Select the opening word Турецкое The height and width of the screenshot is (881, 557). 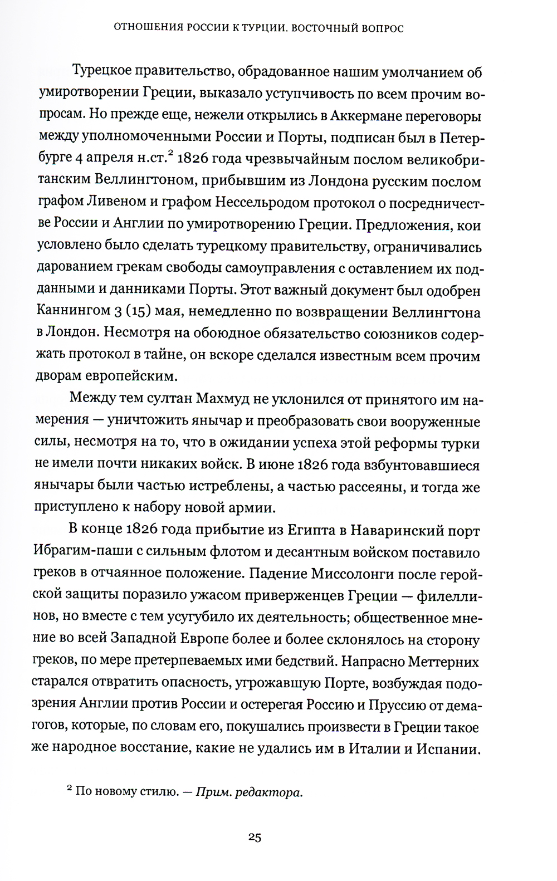(104, 72)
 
